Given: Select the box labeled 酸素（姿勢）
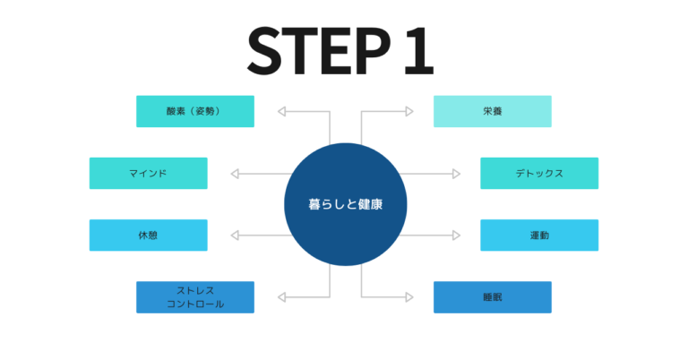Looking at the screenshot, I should [x=195, y=111].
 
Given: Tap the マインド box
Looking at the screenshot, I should [x=149, y=173].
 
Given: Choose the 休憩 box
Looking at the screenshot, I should [x=149, y=235].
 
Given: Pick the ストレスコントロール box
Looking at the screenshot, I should [x=195, y=297].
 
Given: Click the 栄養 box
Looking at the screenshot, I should [x=492, y=111].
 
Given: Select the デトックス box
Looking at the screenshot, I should [x=539, y=173].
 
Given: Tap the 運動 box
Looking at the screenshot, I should [x=539, y=235].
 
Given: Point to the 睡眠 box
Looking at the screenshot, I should [x=492, y=297].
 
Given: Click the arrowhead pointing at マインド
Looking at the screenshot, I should [x=236, y=173].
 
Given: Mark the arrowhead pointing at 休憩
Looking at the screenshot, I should [x=236, y=235].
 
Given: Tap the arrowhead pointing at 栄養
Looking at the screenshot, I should [x=408, y=111].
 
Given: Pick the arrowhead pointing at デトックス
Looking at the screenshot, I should [x=455, y=173].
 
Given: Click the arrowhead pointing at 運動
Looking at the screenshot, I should [x=455, y=235].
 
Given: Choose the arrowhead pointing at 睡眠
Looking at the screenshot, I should [x=408, y=297].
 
